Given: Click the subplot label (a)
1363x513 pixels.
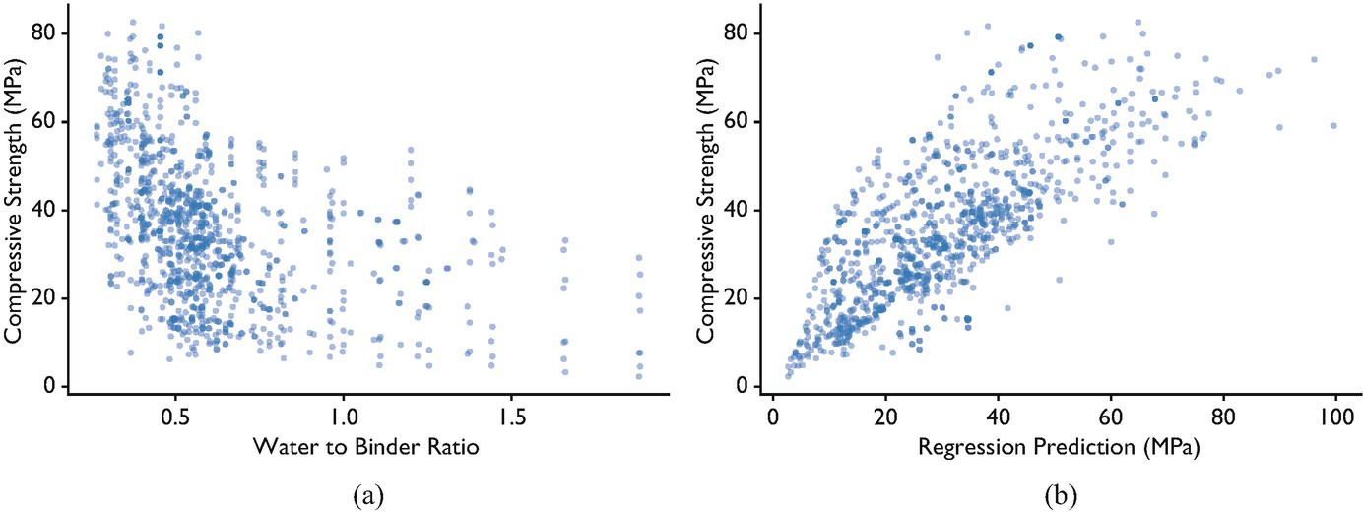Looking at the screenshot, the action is [368, 496].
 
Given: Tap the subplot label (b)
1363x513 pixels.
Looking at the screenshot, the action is [1061, 496].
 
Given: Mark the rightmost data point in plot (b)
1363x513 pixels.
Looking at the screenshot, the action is [1333, 125].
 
